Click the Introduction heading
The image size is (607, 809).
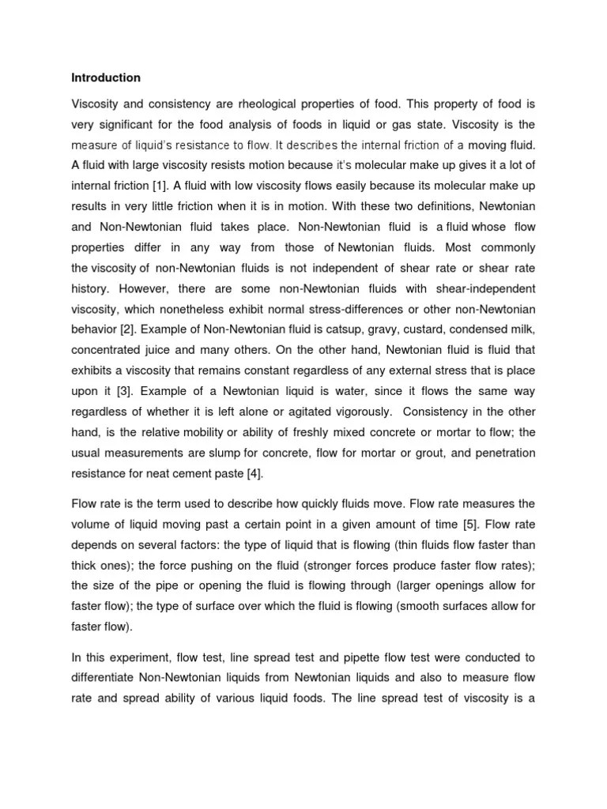106,77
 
